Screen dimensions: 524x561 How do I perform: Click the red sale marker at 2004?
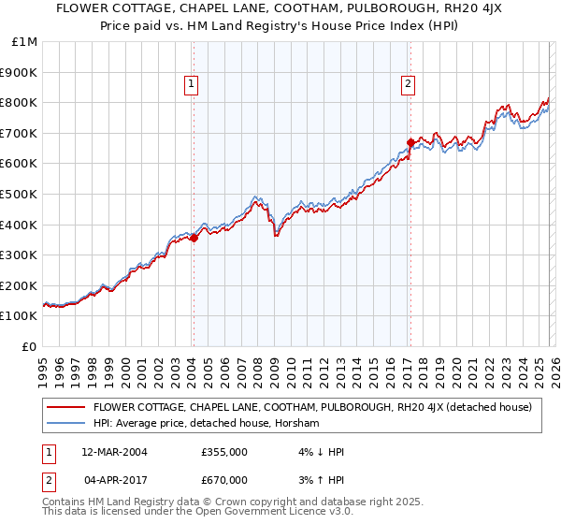click(x=194, y=238)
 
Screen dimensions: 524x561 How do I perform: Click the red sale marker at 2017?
click(x=410, y=142)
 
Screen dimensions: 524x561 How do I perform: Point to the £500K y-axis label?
click(x=19, y=194)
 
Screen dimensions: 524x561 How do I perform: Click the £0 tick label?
click(x=30, y=346)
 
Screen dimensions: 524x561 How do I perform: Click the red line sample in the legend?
click(x=65, y=407)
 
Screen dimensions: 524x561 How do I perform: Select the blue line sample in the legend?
click(x=65, y=424)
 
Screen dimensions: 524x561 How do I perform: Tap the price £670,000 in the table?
click(x=223, y=480)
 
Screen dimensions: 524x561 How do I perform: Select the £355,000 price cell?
click(x=223, y=452)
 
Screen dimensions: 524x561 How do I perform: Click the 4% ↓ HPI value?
click(x=319, y=452)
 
